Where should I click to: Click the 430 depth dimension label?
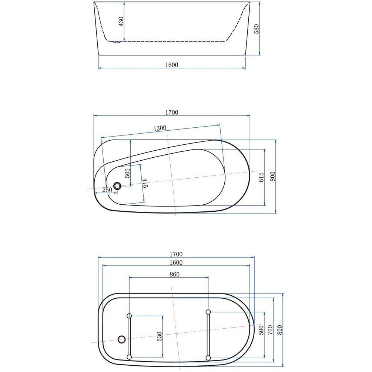click(x=121, y=21)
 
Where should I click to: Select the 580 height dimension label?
click(x=257, y=29)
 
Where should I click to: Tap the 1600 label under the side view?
click(x=171, y=65)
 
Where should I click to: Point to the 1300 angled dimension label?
click(x=160, y=128)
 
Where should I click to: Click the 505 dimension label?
click(x=127, y=173)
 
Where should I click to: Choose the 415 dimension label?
click(x=145, y=183)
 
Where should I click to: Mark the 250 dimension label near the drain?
click(x=107, y=190)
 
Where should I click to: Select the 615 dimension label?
click(x=261, y=177)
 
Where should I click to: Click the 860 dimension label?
click(x=175, y=274)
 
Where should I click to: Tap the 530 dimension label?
click(x=159, y=336)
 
